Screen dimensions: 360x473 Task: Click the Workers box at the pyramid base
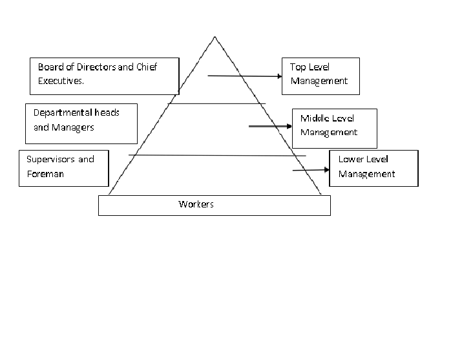pyautogui.click(x=214, y=205)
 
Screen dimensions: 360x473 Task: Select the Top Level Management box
pyautogui.click(x=320, y=75)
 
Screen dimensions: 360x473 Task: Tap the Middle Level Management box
pyautogui.click(x=333, y=127)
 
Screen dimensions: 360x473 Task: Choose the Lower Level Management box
pyautogui.click(x=373, y=168)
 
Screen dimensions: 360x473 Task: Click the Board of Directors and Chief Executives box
pyautogui.click(x=103, y=76)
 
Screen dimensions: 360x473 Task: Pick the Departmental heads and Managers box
pyautogui.click(x=81, y=123)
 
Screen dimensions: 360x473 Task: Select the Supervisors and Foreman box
pyautogui.click(x=63, y=168)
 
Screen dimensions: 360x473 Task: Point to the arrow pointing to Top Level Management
pyautogui.click(x=245, y=76)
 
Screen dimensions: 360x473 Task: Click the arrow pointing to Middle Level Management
pyautogui.click(x=270, y=127)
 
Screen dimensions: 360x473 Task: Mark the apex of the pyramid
pyautogui.click(x=215, y=36)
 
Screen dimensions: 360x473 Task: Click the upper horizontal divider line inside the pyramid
pyautogui.click(x=216, y=103)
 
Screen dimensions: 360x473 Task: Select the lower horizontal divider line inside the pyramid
pyautogui.click(x=216, y=155)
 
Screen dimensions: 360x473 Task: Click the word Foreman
pyautogui.click(x=45, y=174)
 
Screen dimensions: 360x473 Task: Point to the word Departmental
pyautogui.click(x=64, y=112)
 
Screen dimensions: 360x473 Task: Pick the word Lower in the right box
pyautogui.click(x=351, y=159)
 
